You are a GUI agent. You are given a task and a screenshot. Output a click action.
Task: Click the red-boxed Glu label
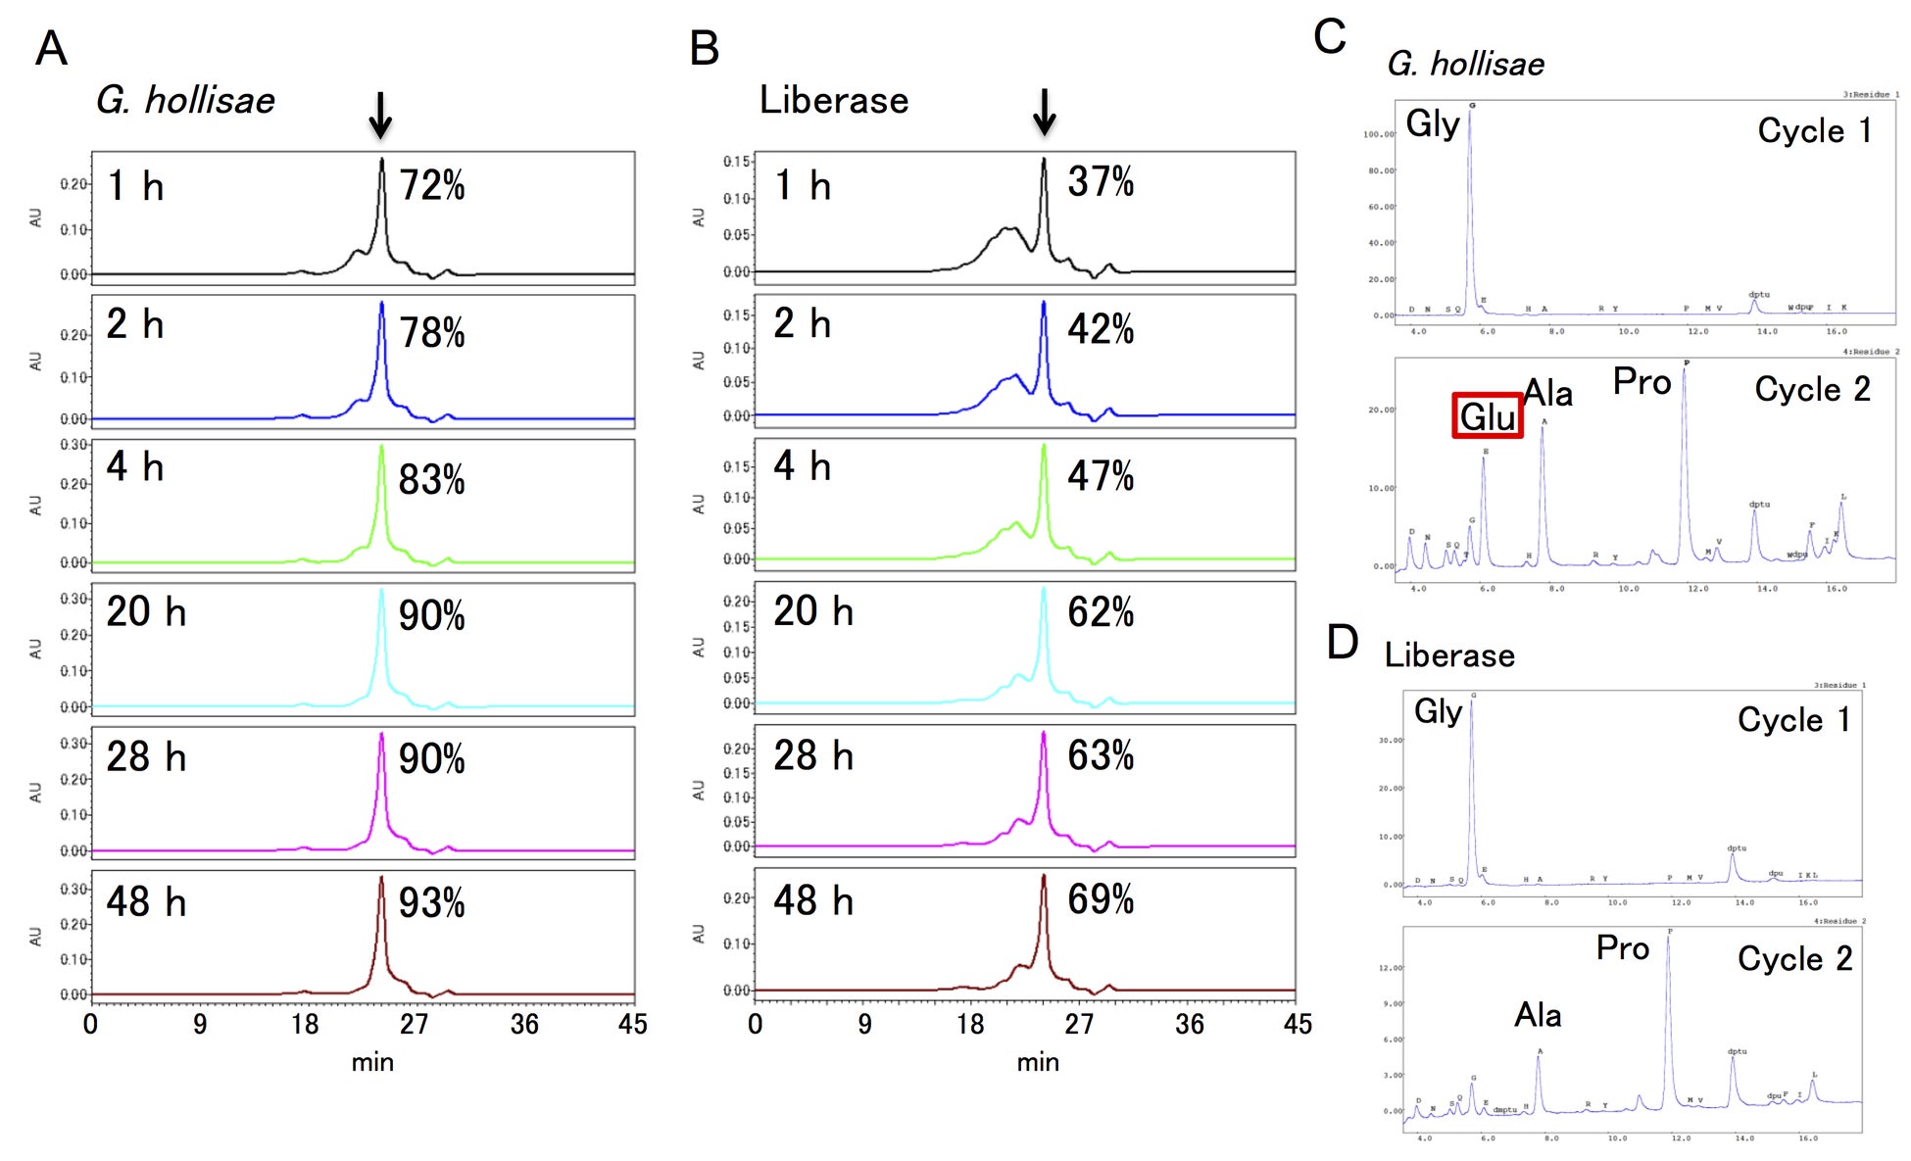click(x=1487, y=416)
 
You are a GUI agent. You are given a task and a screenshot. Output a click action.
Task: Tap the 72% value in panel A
click(x=432, y=185)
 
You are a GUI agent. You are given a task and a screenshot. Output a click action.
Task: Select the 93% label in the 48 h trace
click(x=432, y=903)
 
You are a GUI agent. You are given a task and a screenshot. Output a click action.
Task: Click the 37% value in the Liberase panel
click(x=1101, y=181)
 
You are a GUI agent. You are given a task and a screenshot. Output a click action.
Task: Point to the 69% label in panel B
click(x=1101, y=899)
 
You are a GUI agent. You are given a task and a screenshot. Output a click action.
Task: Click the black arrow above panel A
click(x=380, y=115)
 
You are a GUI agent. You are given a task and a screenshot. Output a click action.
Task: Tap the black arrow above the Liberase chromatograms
click(x=1045, y=112)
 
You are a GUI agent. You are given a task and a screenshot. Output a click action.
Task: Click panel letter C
click(x=1330, y=37)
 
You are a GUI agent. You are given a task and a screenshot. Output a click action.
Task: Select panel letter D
click(x=1342, y=643)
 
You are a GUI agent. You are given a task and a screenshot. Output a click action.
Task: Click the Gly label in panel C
click(x=1432, y=123)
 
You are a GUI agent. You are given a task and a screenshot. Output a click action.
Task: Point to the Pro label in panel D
click(x=1622, y=948)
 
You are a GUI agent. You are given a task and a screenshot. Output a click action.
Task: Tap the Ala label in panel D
click(x=1538, y=1015)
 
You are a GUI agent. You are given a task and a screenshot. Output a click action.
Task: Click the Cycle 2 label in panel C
click(x=1812, y=389)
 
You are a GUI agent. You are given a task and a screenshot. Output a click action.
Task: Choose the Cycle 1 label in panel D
click(x=1793, y=720)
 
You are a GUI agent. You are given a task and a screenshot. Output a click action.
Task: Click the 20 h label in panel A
click(x=146, y=612)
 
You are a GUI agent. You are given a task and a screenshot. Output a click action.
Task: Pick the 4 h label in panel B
click(x=802, y=466)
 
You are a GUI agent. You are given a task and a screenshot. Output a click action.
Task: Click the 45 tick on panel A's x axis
click(x=632, y=1025)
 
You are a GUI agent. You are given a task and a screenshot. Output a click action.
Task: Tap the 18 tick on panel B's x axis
click(x=970, y=1025)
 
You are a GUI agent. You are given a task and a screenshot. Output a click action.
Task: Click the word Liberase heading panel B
click(x=834, y=100)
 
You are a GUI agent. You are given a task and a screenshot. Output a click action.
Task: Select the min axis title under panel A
click(x=372, y=1063)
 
